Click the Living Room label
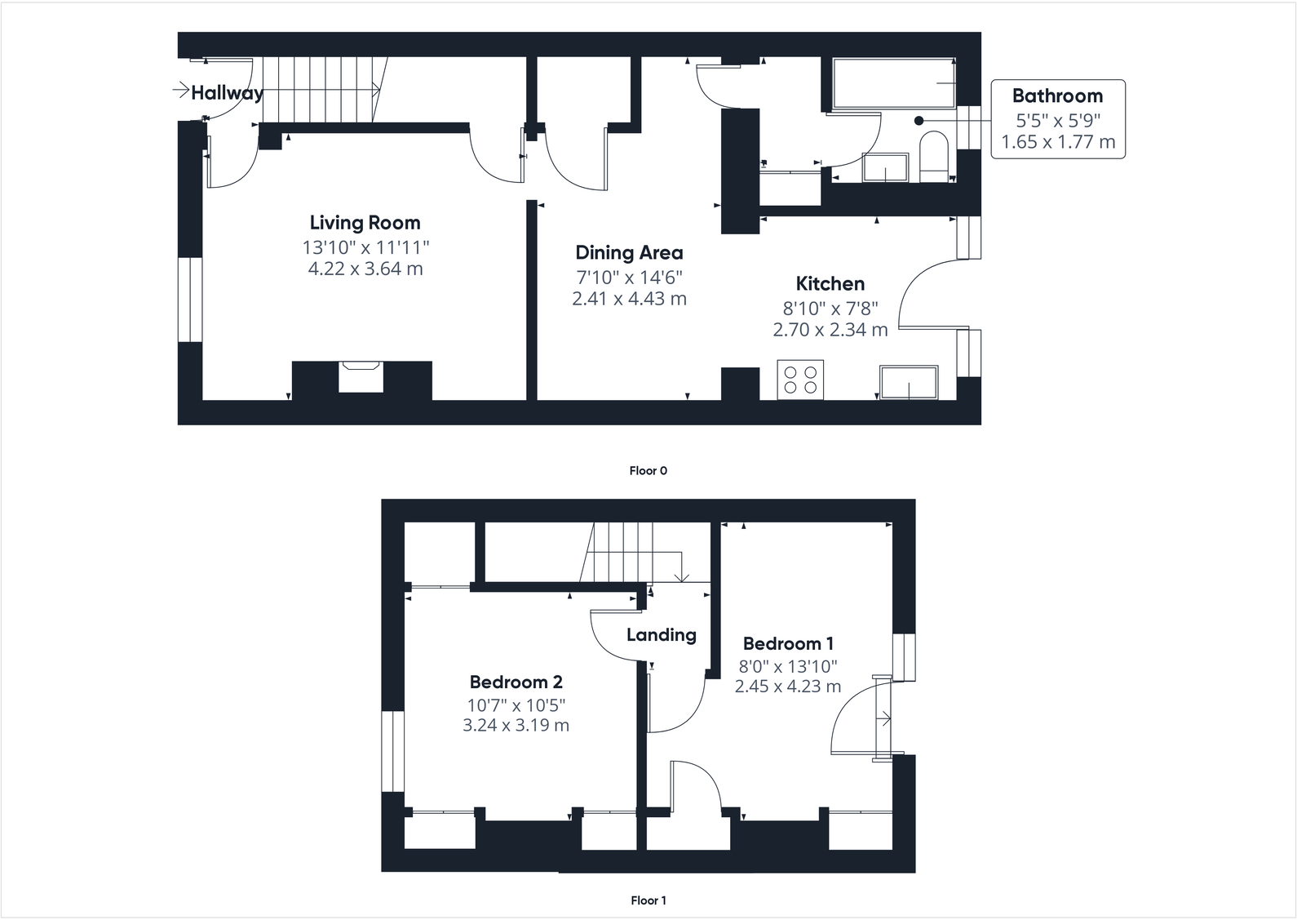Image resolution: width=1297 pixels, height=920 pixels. coord(365,223)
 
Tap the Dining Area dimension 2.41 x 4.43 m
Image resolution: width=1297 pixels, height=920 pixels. coord(629,299)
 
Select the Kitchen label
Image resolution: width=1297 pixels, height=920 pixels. coord(830,284)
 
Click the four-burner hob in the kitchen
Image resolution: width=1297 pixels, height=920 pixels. coord(800,380)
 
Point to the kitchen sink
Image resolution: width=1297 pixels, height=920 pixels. coord(909,383)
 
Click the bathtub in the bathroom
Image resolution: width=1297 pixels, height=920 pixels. coord(893,83)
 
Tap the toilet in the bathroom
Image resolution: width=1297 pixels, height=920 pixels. coord(932,158)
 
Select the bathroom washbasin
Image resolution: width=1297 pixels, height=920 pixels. coord(886,167)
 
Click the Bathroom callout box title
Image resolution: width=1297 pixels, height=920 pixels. coord(1057,96)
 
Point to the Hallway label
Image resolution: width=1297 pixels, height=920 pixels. coord(227,93)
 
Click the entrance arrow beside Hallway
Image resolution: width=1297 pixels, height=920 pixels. coord(180,89)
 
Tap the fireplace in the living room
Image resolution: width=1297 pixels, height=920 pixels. coord(361,376)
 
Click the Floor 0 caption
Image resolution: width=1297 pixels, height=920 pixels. coord(648,471)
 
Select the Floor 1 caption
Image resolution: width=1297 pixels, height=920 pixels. coord(648,900)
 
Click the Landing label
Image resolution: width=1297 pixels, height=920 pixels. coord(661,635)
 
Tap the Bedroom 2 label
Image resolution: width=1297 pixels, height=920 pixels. coord(516,682)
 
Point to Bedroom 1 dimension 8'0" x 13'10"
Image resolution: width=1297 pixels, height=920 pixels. coord(787,666)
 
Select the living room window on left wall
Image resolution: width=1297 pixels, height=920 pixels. coord(189,300)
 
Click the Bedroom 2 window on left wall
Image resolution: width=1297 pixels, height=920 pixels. coord(393,751)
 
